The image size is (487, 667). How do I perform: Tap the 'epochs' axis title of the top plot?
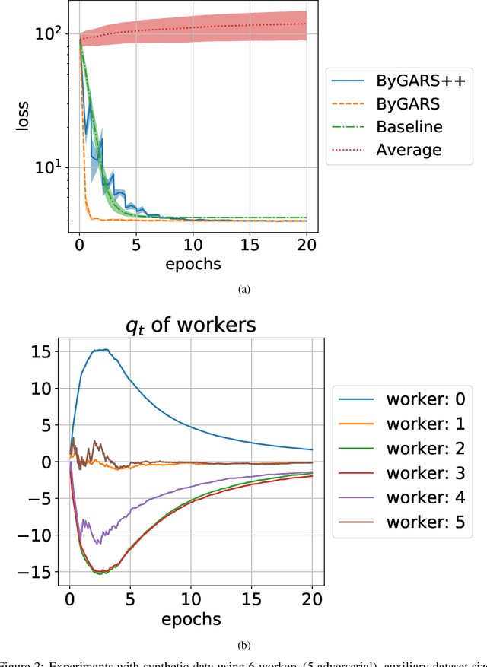(193, 265)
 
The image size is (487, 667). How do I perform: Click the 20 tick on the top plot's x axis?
(306, 246)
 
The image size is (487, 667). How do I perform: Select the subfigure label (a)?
(243, 290)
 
